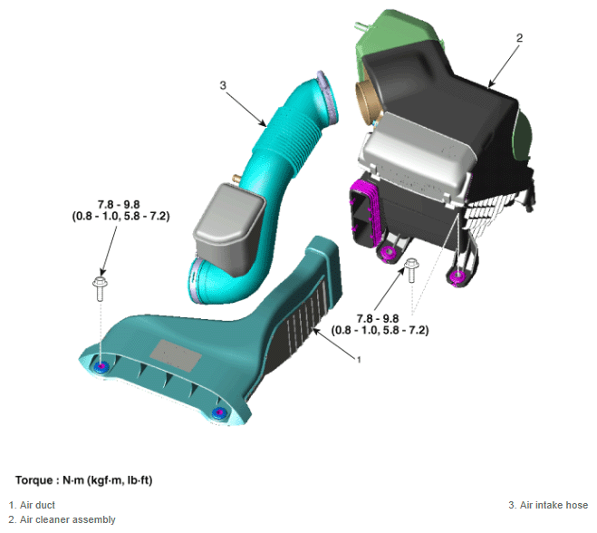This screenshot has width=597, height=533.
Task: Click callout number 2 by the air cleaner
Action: tap(519, 38)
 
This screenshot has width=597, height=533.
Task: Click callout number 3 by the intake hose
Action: tap(223, 85)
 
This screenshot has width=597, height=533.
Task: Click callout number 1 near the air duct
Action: tap(358, 359)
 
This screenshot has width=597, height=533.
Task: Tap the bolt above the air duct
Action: tap(101, 289)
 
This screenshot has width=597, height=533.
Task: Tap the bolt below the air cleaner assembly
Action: tap(411, 270)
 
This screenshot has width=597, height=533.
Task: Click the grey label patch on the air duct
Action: tap(175, 355)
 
